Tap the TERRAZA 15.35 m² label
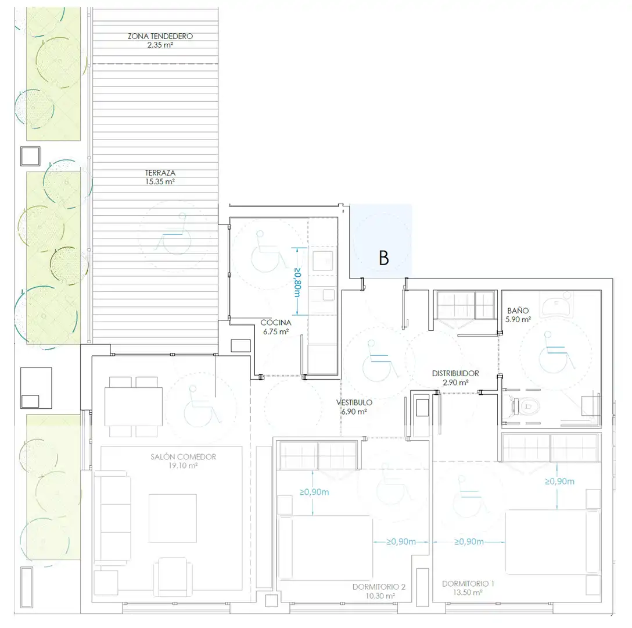coord(160,177)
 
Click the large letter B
coord(384,258)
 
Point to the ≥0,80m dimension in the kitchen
coord(297,281)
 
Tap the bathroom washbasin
coord(556,303)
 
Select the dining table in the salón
coord(134,406)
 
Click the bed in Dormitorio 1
coord(552,541)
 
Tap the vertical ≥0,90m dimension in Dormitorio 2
coord(313,493)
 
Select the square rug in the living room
coord(173,518)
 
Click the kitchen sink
coord(323,261)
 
